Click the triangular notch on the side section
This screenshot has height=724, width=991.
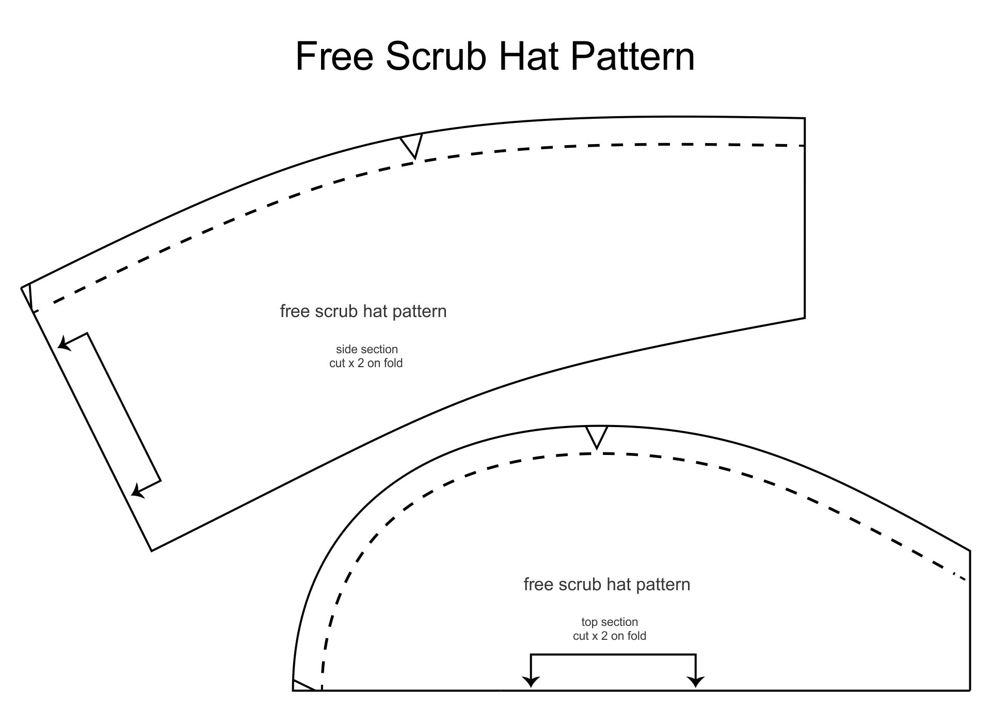412,144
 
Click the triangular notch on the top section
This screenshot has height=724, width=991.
597,435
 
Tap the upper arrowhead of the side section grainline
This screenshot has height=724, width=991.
63,342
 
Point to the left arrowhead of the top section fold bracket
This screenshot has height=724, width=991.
531,682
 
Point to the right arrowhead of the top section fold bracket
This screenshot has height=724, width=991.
696,682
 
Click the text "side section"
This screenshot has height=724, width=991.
366,350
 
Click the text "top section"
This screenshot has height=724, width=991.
610,622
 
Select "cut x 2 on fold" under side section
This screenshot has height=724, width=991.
366,364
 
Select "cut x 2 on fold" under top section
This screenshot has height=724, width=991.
610,636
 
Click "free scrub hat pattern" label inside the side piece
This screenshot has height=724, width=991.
363,311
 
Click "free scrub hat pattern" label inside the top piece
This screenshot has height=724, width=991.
607,585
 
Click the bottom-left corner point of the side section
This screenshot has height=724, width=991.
152,550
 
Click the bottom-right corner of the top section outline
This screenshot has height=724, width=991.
970,690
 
